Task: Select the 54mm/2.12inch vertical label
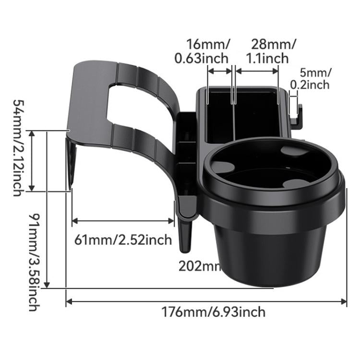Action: click(17, 147)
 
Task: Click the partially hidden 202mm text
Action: click(199, 265)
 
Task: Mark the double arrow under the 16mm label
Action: click(220, 70)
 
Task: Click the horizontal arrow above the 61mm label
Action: click(123, 221)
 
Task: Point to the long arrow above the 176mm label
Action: click(206, 301)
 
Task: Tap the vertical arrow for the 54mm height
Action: click(33, 160)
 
